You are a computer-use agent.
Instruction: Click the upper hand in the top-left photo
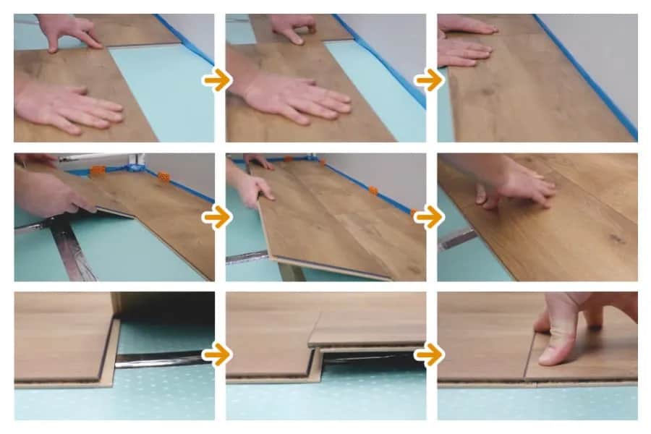[x=69, y=30]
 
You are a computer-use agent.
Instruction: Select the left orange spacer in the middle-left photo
[x=97, y=171]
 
